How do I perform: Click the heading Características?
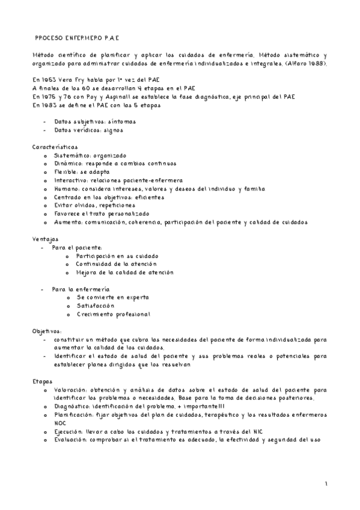coord(54,146)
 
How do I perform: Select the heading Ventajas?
coord(44,239)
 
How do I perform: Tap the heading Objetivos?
coord(46,331)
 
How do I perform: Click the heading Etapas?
coord(42,381)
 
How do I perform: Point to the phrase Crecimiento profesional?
coord(113,314)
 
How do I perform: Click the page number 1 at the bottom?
coord(325,484)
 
